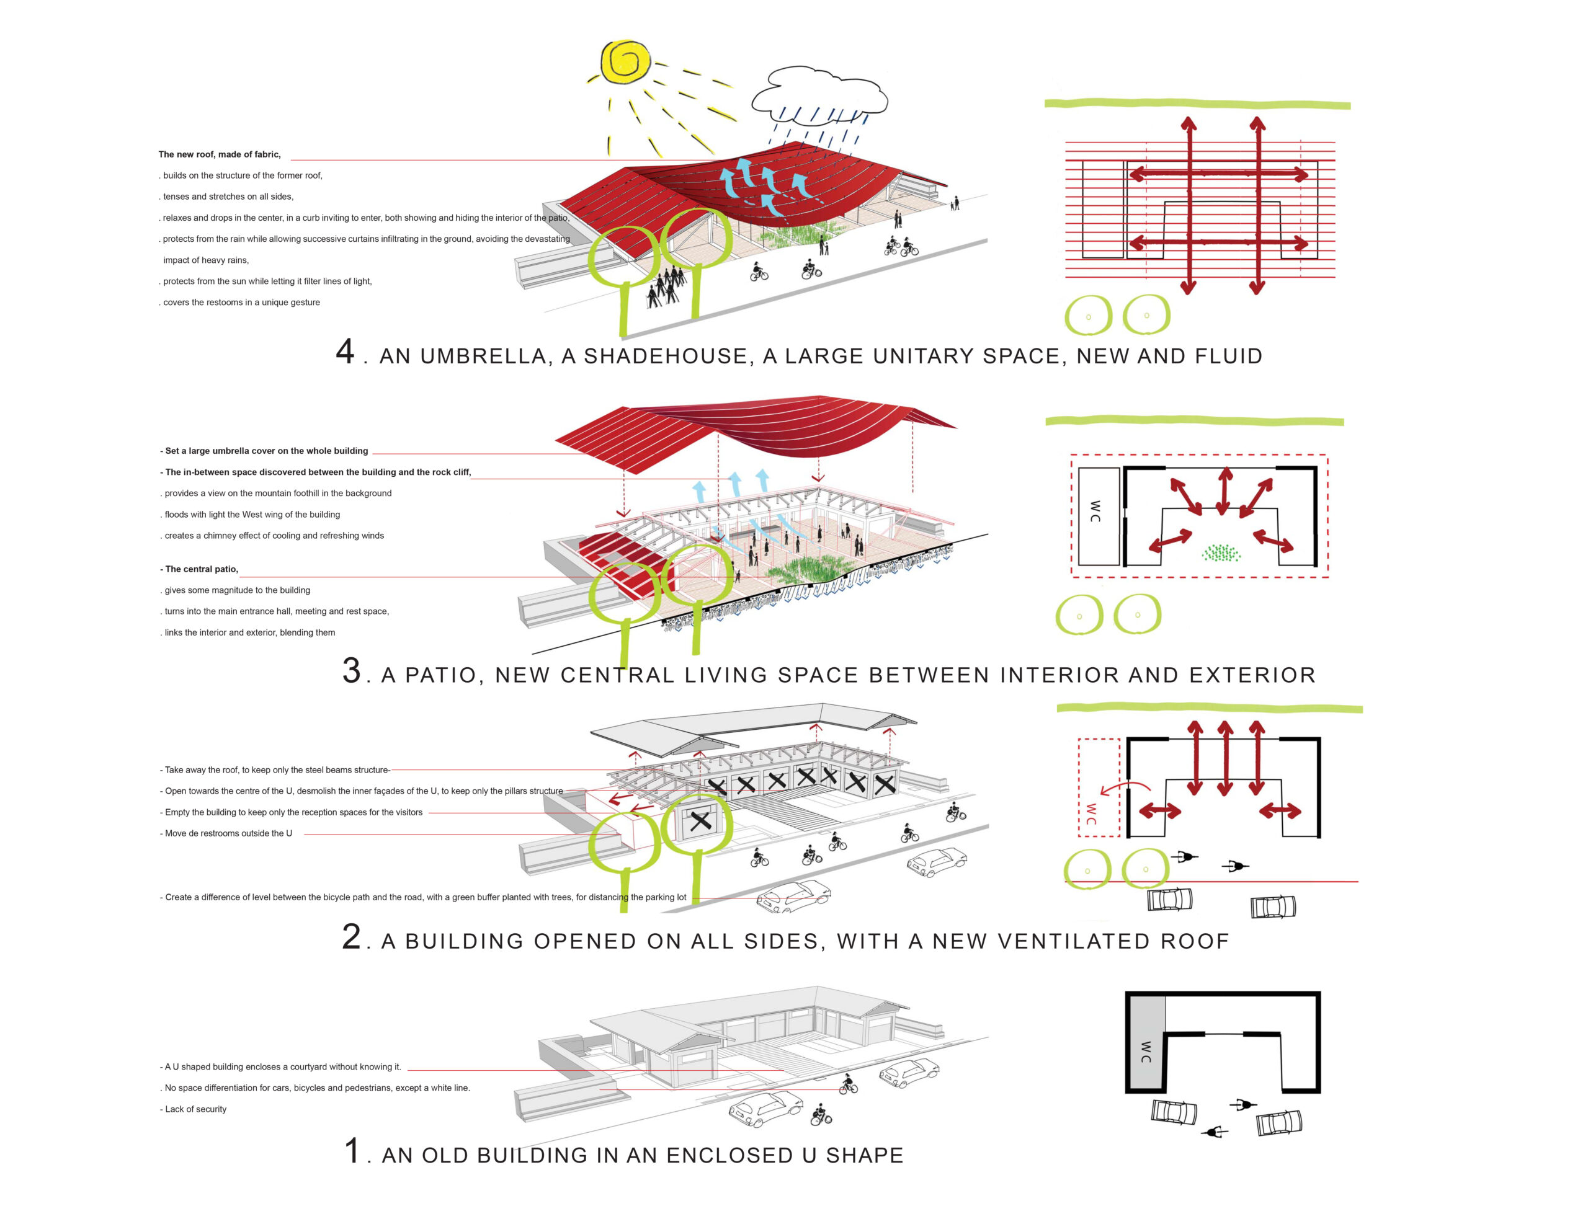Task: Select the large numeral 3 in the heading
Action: (351, 670)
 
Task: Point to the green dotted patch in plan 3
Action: (1220, 554)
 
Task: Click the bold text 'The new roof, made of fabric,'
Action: (219, 154)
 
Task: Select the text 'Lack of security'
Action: (195, 1109)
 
